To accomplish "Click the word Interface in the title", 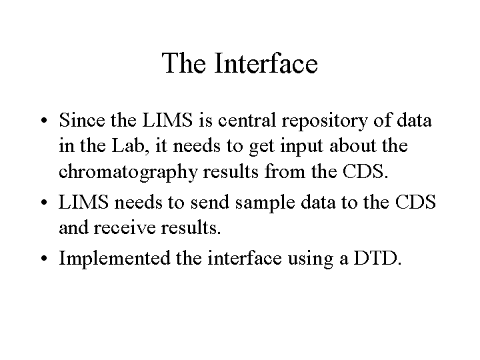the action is [x=266, y=63].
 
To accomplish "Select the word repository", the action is [x=325, y=121].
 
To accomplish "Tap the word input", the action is [x=301, y=147].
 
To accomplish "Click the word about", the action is [x=353, y=145].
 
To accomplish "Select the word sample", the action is [x=265, y=203].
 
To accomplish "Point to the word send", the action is [x=210, y=202].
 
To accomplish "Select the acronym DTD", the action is [x=377, y=258].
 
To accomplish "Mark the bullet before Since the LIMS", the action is [x=45, y=120].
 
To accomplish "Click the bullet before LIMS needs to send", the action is [x=45, y=203].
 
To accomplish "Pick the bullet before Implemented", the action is [x=45, y=259].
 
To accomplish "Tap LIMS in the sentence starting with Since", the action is [x=167, y=120].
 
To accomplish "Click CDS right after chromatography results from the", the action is [x=365, y=171].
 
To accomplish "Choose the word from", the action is [x=285, y=171].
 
